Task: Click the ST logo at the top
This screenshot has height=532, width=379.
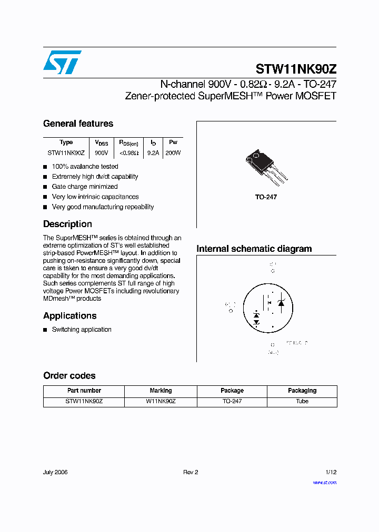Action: click(x=62, y=62)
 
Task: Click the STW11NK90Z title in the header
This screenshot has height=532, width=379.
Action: click(x=296, y=69)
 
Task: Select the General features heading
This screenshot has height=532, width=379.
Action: click(x=78, y=124)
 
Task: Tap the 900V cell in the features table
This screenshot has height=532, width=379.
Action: click(x=101, y=153)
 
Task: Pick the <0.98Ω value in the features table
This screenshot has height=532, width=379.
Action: click(x=128, y=153)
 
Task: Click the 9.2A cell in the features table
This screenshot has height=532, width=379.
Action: click(x=153, y=153)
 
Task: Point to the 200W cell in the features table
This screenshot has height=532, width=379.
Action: click(x=173, y=153)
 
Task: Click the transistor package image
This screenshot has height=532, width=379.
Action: click(x=266, y=167)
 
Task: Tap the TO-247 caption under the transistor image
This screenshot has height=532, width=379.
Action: click(x=266, y=197)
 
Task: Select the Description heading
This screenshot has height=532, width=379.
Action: click(x=67, y=224)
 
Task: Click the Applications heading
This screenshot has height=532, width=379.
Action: click(x=69, y=315)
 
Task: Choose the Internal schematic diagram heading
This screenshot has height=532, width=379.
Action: click(x=254, y=249)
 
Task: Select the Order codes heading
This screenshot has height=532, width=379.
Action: click(x=69, y=375)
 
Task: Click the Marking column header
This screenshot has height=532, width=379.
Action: click(x=161, y=391)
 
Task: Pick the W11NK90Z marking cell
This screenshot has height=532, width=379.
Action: click(x=161, y=401)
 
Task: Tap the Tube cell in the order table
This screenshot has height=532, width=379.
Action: click(x=302, y=401)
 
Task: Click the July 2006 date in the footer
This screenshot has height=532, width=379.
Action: click(x=55, y=472)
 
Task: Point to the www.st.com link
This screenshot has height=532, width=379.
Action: click(x=324, y=483)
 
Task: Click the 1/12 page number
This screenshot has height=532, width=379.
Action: click(x=330, y=472)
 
